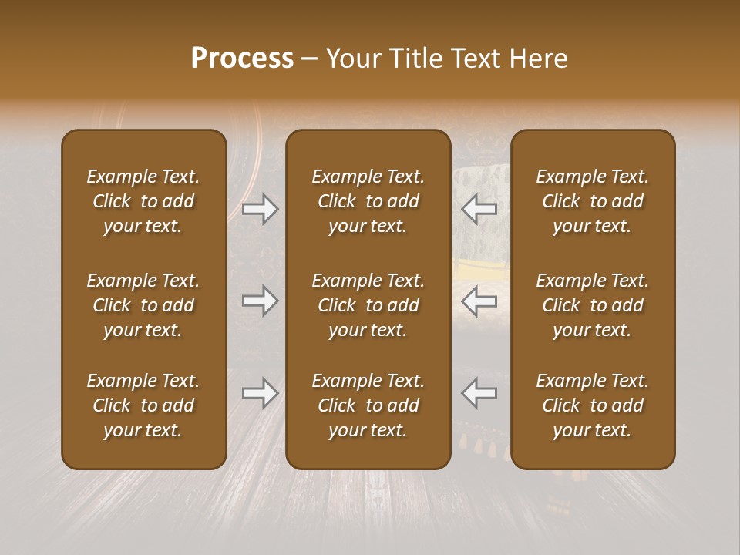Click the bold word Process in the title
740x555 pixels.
click(242, 59)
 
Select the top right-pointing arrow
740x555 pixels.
click(261, 209)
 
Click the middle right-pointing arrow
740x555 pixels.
click(261, 301)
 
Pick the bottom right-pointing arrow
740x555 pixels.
click(261, 393)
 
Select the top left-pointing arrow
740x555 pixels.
click(479, 209)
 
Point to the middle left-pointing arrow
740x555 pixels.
click(479, 301)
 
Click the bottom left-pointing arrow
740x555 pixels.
click(479, 393)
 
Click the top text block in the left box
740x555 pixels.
click(143, 201)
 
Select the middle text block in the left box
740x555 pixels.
click(143, 305)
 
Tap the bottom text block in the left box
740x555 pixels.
click(143, 405)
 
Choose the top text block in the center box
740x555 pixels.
click(368, 201)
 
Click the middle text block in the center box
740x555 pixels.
click(368, 305)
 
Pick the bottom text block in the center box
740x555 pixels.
click(368, 405)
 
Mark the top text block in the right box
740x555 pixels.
click(592, 201)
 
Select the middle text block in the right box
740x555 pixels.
click(592, 305)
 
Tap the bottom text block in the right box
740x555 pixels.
click(592, 405)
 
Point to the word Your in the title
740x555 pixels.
click(351, 59)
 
